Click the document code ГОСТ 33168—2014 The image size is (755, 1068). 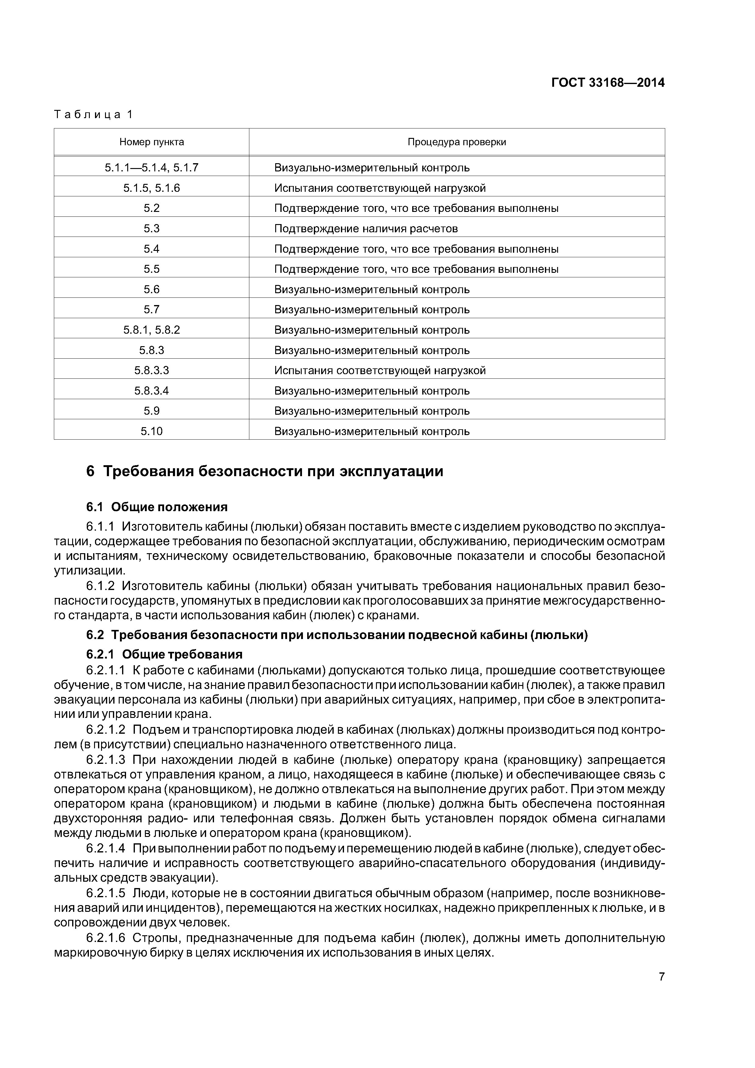tap(608, 83)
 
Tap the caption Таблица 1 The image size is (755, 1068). tap(93, 114)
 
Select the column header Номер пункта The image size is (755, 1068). tap(152, 142)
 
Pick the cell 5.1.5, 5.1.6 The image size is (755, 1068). tap(152, 188)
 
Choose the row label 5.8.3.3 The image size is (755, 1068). tap(152, 370)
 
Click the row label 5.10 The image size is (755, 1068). tap(152, 431)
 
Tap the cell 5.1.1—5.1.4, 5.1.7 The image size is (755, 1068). tap(152, 167)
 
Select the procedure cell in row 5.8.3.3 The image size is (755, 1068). tap(380, 370)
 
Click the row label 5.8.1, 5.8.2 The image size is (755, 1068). tap(152, 330)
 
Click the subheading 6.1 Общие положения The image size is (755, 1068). tap(157, 507)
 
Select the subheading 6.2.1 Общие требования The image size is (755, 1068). tap(164, 655)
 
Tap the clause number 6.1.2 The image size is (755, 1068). tap(100, 586)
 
